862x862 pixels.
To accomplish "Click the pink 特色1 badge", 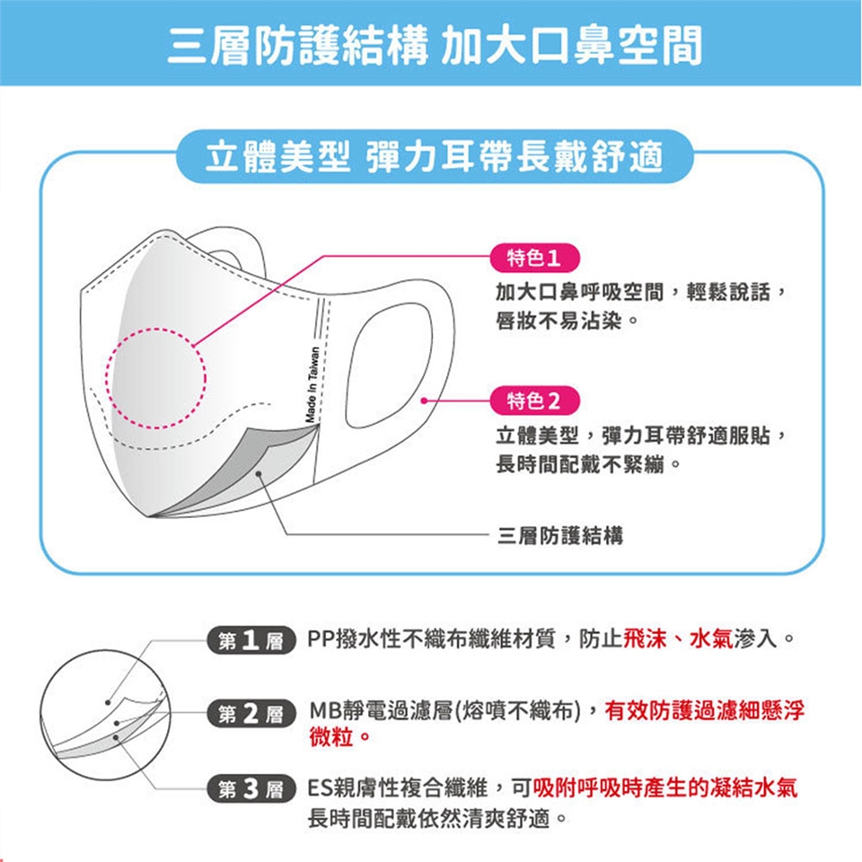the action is (534, 258).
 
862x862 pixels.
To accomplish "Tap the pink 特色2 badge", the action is (534, 400).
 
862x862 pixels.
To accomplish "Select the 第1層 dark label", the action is (251, 640).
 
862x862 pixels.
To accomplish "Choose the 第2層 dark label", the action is (251, 714).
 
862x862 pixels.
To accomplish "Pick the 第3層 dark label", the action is (251, 789).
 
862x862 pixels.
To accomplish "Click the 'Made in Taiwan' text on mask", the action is (312, 384).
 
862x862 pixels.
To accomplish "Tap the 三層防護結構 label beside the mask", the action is (560, 535).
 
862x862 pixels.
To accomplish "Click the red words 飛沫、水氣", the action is (679, 638).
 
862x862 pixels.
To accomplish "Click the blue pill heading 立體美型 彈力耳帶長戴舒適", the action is (435, 156).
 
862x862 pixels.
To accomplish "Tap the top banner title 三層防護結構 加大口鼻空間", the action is (435, 45).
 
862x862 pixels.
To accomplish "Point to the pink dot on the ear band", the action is (423, 400).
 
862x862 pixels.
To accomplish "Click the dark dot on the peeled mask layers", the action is (259, 474).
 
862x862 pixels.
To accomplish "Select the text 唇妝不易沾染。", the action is (567, 321).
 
